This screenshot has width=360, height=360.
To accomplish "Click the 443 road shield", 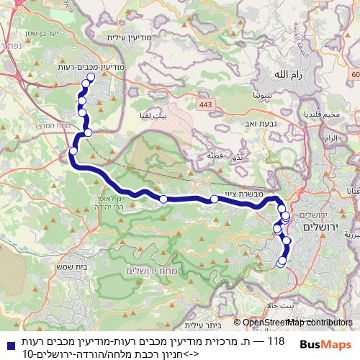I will click(x=206, y=105).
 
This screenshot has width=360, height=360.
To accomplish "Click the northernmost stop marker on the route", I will click(x=90, y=78).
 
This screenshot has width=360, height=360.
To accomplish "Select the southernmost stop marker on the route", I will click(x=282, y=263).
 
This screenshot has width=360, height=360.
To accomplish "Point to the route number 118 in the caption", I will click(x=276, y=339).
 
